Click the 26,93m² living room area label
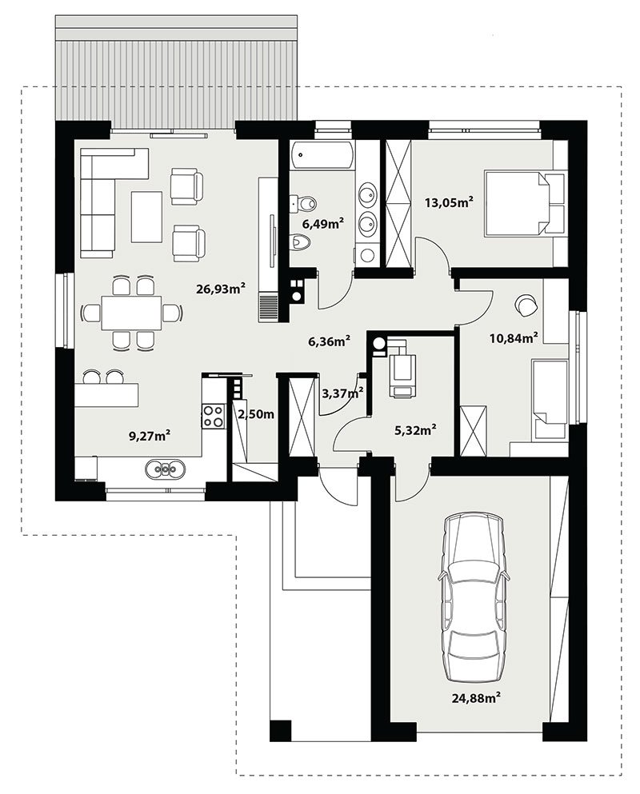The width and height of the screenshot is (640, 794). [x=221, y=289]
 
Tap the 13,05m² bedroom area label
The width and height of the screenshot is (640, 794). [x=449, y=202]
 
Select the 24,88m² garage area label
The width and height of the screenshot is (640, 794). [x=476, y=698]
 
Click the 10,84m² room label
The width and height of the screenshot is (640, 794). [x=514, y=337]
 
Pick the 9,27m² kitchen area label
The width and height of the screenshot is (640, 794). [x=149, y=436]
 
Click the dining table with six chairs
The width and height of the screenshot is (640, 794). [x=131, y=313]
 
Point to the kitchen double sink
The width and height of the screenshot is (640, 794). [x=164, y=469]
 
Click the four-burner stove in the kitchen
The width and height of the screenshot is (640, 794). [x=214, y=416]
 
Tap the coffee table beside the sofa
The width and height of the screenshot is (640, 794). [x=146, y=217]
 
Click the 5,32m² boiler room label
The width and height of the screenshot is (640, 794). [x=415, y=430]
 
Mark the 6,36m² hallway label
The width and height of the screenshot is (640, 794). [x=330, y=341]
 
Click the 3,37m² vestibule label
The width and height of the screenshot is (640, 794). [x=342, y=392]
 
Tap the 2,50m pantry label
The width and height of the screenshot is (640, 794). [x=256, y=414]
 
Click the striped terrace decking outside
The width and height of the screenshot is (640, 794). [x=176, y=78]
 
